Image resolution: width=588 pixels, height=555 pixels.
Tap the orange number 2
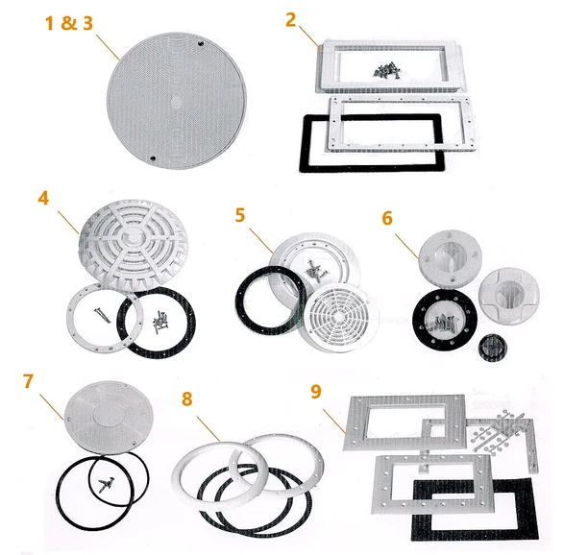291,19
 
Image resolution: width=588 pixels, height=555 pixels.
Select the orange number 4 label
43,200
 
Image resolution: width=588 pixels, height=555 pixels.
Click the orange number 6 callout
387,218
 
